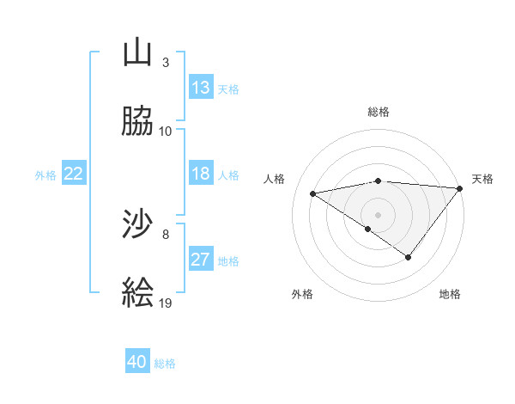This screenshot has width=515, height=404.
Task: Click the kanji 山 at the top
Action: [138, 53]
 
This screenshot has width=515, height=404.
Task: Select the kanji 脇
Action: [138, 121]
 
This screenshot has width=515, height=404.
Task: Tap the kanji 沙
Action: [138, 225]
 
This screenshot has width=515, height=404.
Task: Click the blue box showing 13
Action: [201, 88]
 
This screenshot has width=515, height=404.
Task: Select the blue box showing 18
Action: [201, 174]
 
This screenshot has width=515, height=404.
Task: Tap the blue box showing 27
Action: [201, 260]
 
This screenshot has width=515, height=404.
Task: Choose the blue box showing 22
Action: [74, 174]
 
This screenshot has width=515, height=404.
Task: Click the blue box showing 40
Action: [137, 362]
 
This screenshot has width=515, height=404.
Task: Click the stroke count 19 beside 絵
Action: [166, 303]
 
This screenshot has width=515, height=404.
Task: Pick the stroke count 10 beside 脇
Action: [166, 131]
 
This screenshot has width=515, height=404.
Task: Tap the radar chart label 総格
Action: [379, 112]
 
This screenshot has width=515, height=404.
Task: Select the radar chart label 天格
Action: [482, 179]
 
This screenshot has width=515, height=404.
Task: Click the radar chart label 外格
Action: [302, 294]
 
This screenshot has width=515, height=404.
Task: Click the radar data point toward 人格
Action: [313, 193]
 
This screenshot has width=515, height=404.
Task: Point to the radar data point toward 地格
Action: [409, 257]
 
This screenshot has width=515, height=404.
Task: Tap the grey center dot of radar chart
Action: [379, 214]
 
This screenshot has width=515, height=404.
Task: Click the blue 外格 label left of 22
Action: [45, 175]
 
